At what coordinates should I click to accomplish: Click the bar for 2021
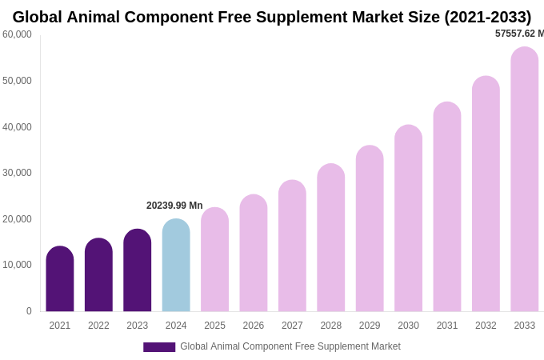point(60,280)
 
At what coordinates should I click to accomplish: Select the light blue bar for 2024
point(176,266)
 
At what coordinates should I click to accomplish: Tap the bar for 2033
point(524,180)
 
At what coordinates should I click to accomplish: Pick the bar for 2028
point(330,238)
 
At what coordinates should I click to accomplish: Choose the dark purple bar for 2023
point(137,271)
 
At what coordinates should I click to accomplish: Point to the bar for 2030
point(408,219)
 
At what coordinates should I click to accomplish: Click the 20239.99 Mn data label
point(174,206)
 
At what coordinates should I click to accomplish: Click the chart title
point(272,17)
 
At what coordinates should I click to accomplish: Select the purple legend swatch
point(159,347)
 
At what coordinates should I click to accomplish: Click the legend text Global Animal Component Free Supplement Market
point(290,346)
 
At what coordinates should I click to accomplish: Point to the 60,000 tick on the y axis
point(17,34)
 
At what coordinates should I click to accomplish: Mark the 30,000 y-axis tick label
point(17,173)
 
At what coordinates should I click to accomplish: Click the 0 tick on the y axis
point(29,311)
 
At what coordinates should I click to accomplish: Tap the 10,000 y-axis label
point(17,265)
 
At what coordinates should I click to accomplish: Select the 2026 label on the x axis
point(253,326)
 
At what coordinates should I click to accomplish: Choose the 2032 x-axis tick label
point(486,326)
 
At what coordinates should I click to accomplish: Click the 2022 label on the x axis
point(98,326)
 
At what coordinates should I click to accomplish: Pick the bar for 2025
point(214,261)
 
